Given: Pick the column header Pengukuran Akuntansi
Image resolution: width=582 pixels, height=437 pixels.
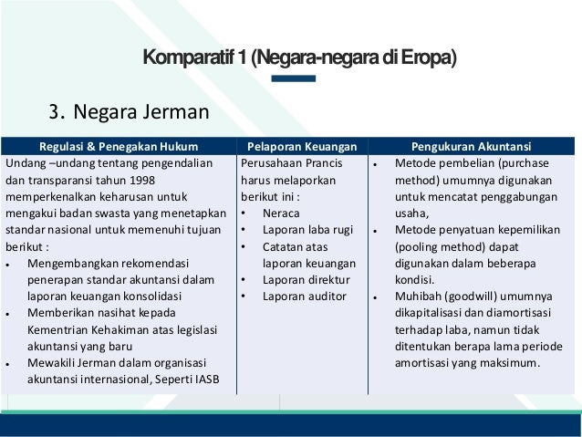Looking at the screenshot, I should point(472,144).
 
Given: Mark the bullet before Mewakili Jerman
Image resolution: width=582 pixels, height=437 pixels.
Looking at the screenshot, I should point(8,363).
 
